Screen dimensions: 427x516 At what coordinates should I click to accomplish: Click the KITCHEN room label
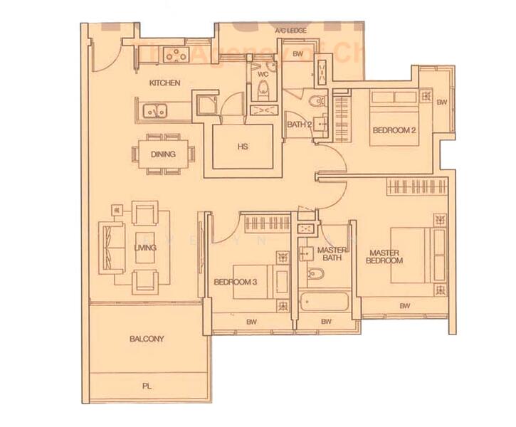click(x=164, y=83)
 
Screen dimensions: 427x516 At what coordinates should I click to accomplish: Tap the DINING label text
click(x=163, y=153)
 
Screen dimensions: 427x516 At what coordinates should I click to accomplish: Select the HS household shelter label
click(x=242, y=147)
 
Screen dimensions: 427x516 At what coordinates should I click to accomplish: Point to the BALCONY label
click(x=147, y=339)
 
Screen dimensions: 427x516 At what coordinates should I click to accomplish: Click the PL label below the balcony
click(x=147, y=386)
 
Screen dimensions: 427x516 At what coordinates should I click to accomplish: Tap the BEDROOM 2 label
click(x=394, y=130)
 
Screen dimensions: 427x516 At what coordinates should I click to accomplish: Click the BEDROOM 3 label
click(x=235, y=283)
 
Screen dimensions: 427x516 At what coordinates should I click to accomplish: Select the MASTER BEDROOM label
click(x=384, y=256)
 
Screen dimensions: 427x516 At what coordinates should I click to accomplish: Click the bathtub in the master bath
click(x=325, y=301)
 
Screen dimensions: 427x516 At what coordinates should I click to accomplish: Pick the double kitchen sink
click(x=154, y=110)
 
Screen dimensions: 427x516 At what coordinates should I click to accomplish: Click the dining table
click(x=163, y=153)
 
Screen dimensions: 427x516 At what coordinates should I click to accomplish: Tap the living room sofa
click(x=113, y=247)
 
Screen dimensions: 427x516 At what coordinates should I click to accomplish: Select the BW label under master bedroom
click(x=404, y=306)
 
